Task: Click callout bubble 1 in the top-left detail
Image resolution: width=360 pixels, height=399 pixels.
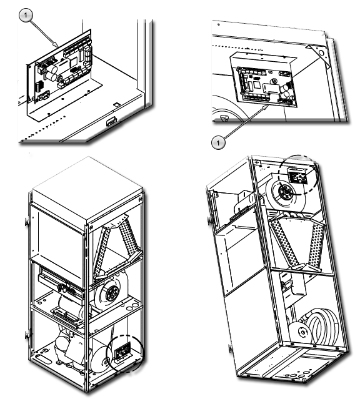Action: pos(26,16)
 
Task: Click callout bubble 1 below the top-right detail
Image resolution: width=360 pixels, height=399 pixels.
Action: pos(218,143)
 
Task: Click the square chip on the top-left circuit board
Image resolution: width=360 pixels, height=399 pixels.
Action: pos(73,61)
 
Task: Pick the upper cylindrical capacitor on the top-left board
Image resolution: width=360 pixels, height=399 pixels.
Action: pos(52,69)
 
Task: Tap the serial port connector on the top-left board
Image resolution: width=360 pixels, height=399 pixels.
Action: pos(43,96)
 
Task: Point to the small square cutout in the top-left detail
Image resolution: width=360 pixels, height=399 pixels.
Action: pos(116,104)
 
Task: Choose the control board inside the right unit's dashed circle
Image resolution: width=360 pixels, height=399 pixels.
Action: pos(297,176)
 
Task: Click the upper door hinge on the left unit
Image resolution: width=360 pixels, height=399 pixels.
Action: pos(26,222)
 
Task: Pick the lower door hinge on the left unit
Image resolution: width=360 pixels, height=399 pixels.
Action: pos(26,335)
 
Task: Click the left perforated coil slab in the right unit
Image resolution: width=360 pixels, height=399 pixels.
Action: pos(285,242)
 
